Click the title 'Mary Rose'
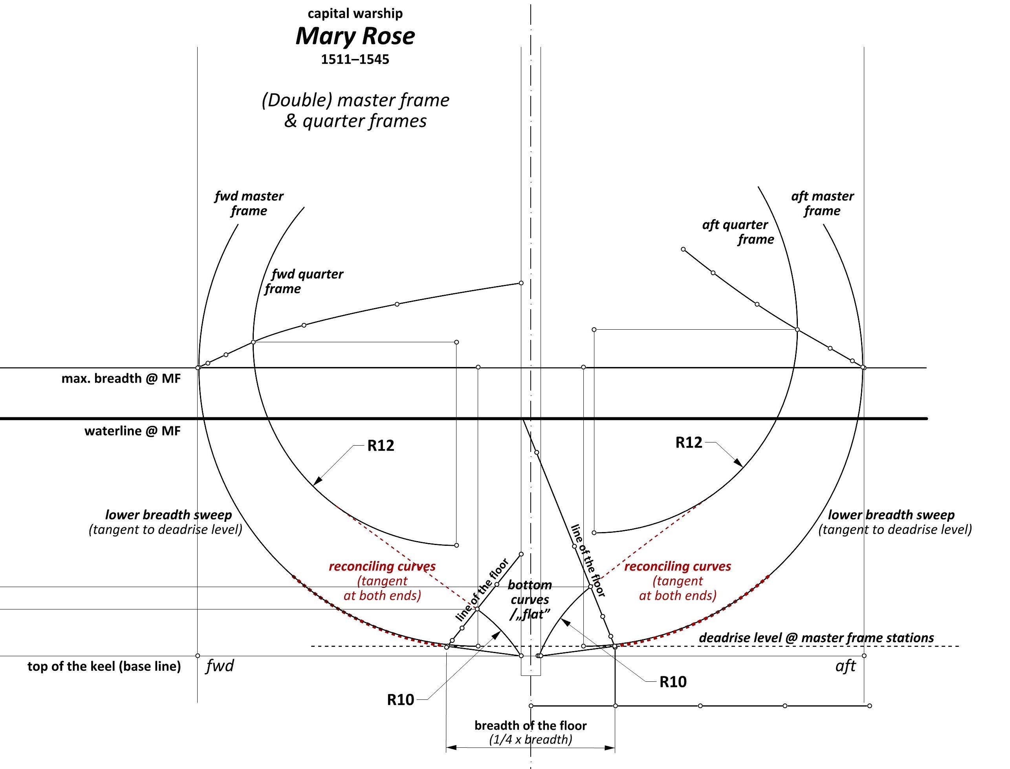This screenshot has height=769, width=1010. [x=355, y=36]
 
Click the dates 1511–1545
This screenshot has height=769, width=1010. [x=355, y=59]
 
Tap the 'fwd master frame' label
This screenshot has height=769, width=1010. [x=249, y=203]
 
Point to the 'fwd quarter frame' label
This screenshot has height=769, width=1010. [x=304, y=281]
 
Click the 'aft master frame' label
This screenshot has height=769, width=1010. [x=822, y=203]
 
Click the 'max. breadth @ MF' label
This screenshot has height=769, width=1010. [x=121, y=378]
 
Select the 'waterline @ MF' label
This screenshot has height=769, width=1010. [x=133, y=431]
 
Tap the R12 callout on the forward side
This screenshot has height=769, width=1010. [x=381, y=445]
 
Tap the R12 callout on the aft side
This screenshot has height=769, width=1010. [x=689, y=442]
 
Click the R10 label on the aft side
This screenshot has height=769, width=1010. [x=673, y=682]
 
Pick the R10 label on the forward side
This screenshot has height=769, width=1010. [x=400, y=700]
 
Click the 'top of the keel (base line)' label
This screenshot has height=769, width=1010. [x=104, y=666]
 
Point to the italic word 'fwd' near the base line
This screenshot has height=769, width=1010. [x=220, y=666]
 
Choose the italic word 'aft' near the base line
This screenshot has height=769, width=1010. [x=845, y=666]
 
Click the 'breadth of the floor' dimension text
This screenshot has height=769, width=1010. [x=530, y=725]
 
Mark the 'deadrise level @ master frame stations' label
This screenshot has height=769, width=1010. [x=816, y=638]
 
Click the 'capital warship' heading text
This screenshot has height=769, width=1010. [x=355, y=14]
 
